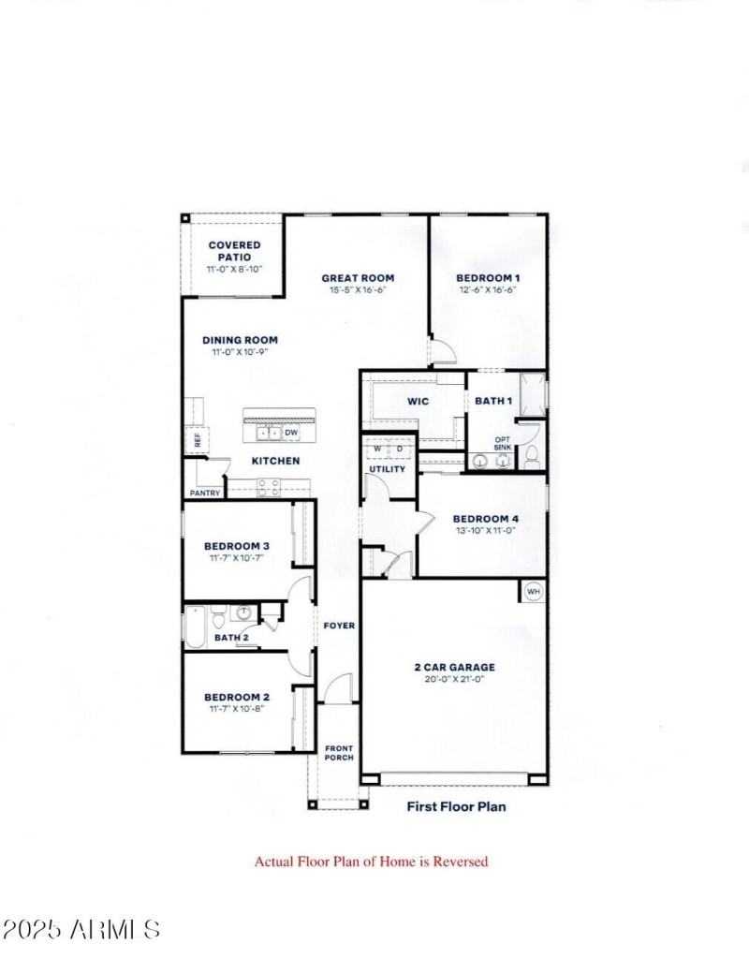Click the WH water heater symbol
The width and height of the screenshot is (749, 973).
point(533,592)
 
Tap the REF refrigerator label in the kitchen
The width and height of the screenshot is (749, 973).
point(198,438)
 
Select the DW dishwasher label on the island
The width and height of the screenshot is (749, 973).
point(290,433)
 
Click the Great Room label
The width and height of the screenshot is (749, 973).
point(358,278)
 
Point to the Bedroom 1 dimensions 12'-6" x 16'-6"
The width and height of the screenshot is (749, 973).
point(487,290)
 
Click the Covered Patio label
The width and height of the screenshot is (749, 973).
point(234,251)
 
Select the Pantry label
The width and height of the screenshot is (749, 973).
point(204,493)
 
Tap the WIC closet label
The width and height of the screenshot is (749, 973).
point(418,402)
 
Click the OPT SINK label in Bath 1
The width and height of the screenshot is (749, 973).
point(503,444)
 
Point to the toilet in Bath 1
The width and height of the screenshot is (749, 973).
point(531,457)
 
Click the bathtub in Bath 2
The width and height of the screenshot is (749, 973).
point(196,627)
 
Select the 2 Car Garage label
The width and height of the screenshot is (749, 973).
point(454,668)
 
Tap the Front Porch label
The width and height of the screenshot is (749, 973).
point(339,753)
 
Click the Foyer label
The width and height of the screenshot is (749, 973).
point(339,626)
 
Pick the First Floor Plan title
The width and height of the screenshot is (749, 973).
point(456,805)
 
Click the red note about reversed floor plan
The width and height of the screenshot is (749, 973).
point(371,862)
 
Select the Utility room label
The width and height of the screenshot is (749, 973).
point(388,468)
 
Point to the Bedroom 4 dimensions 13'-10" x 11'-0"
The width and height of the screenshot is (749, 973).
point(485,531)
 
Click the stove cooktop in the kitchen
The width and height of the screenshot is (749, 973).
point(269,487)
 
